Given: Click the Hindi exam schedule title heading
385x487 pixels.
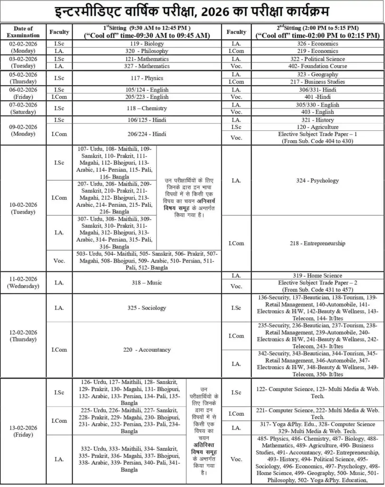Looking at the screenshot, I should [192, 10].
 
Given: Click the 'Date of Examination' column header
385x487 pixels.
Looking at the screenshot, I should [23, 32].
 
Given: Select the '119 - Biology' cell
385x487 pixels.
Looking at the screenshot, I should [146, 43].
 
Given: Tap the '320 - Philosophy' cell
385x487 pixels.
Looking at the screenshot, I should [146, 51].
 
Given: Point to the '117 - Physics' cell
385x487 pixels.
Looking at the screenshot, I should [146, 78].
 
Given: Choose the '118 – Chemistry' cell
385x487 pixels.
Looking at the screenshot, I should [146, 108].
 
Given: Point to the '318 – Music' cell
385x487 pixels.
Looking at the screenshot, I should [146, 283].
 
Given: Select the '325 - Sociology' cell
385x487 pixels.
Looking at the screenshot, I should [146, 308].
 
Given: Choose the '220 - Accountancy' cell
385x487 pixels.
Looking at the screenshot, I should [146, 350].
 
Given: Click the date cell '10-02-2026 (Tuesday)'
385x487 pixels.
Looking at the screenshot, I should [23, 208].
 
